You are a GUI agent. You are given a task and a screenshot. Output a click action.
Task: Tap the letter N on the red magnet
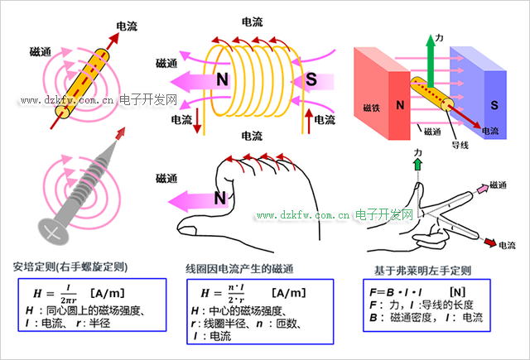(400, 105)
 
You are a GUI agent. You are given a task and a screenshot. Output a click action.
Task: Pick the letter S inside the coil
(311, 79)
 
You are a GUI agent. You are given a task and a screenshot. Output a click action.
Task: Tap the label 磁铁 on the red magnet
(371, 108)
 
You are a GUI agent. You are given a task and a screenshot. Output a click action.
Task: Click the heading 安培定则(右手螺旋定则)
(76, 266)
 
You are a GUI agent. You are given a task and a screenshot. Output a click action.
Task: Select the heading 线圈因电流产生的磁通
(239, 270)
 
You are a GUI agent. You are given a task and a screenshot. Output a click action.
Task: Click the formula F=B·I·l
(395, 292)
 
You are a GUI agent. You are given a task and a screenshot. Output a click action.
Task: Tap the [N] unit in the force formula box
(457, 292)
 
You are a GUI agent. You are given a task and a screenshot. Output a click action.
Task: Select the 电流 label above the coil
(253, 22)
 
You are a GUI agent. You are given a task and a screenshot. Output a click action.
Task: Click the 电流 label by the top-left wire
(127, 27)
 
